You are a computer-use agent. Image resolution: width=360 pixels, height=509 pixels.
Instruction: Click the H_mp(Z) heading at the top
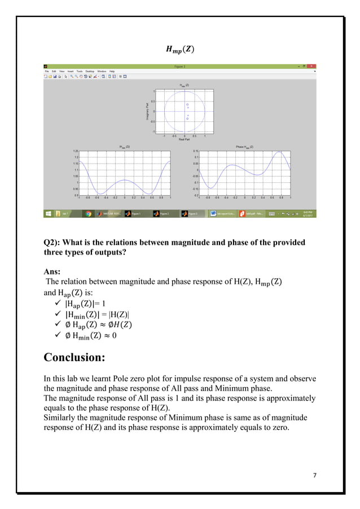(x=180, y=49)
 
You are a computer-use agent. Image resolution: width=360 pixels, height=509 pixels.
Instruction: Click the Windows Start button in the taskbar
(x=49, y=214)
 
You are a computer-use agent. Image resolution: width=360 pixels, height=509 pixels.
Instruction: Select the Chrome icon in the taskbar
(x=88, y=214)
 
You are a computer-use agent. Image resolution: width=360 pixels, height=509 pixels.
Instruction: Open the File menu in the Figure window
(x=47, y=71)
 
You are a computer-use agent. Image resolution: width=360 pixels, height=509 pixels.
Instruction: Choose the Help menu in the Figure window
(x=112, y=71)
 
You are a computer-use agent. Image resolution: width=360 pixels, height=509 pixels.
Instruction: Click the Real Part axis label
(x=184, y=139)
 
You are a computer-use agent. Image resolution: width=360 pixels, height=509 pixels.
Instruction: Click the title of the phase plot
(x=244, y=147)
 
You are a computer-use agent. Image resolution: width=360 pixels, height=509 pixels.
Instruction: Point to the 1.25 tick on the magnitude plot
(x=75, y=151)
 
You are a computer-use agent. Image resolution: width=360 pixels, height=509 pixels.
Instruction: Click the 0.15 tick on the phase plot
(x=195, y=151)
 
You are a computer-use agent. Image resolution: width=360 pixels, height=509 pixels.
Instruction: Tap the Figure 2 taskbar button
(x=164, y=214)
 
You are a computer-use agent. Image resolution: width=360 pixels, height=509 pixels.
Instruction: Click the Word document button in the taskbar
(x=222, y=214)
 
